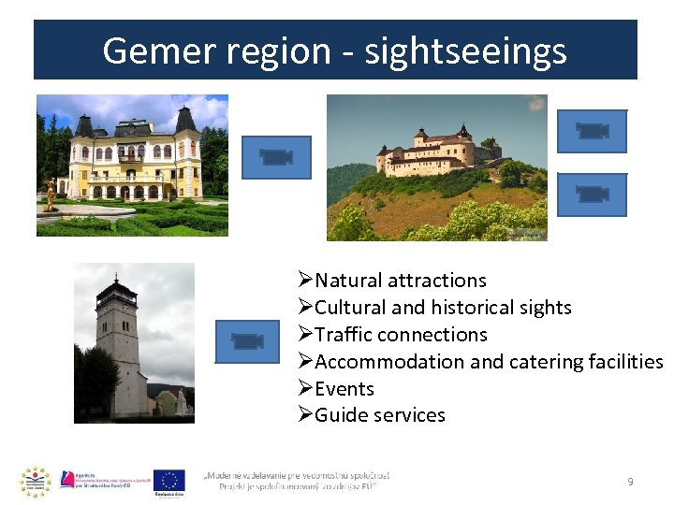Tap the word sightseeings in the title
(x=465, y=50)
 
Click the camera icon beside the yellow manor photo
(x=276, y=157)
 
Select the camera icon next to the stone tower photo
(x=247, y=341)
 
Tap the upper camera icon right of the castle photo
(x=592, y=131)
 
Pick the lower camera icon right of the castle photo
(x=592, y=195)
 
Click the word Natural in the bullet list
(x=349, y=280)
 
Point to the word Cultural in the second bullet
(x=353, y=307)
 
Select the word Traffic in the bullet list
(x=346, y=334)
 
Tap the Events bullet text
(x=344, y=388)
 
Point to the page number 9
(x=630, y=482)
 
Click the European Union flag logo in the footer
(x=169, y=479)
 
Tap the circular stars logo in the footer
(x=35, y=481)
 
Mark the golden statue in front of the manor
(x=51, y=195)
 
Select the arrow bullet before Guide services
(x=304, y=414)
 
